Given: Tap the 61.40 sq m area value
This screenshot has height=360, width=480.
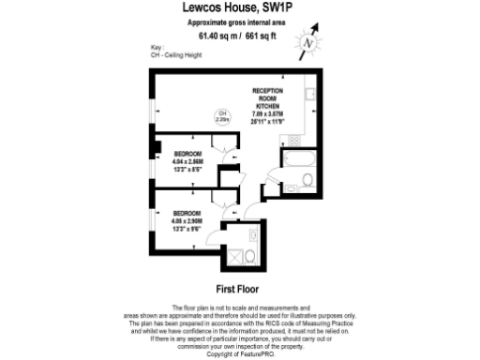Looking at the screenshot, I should pyautogui.click(x=217, y=37).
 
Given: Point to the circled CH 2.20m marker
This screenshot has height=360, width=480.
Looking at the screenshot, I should pyautogui.click(x=222, y=117).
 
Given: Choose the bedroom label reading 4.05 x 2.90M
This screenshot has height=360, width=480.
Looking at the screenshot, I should pyautogui.click(x=190, y=218).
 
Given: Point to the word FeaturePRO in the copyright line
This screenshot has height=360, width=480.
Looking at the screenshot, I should pyautogui.click(x=253, y=353).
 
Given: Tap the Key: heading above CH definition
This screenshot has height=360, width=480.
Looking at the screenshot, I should pyautogui.click(x=157, y=47).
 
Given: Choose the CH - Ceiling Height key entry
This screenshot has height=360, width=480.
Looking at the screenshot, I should pyautogui.click(x=174, y=53).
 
